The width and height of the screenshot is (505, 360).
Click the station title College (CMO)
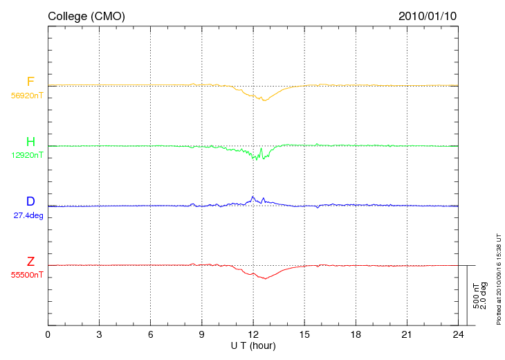pos(86,16)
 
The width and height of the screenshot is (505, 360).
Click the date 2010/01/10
pos(428,16)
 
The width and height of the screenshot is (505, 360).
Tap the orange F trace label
pos(30,82)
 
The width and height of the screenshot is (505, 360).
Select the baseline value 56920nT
pos(27,96)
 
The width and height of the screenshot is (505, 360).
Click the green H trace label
pos(30,141)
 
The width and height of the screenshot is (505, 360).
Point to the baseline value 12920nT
pos(27,155)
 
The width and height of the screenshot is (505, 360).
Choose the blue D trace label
pos(30,201)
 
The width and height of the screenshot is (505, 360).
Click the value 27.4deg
pos(28,215)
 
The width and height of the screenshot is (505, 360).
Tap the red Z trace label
pos(30,262)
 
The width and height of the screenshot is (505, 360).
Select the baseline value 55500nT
pos(27,276)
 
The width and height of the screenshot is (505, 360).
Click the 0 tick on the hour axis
pos(48,334)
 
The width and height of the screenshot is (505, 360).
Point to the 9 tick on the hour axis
pos(201,334)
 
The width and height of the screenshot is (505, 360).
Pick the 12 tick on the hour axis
pos(253,334)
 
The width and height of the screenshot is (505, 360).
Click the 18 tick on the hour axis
pos(356,334)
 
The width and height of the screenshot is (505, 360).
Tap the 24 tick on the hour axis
pos(458,334)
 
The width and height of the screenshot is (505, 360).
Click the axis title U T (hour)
pos(253,346)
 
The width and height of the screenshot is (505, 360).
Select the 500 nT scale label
pos(476,296)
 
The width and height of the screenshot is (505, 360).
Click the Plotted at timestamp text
pos(499,279)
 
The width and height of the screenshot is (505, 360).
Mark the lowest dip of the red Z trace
pos(266,279)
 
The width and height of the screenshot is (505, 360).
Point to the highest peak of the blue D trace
pos(252,197)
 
